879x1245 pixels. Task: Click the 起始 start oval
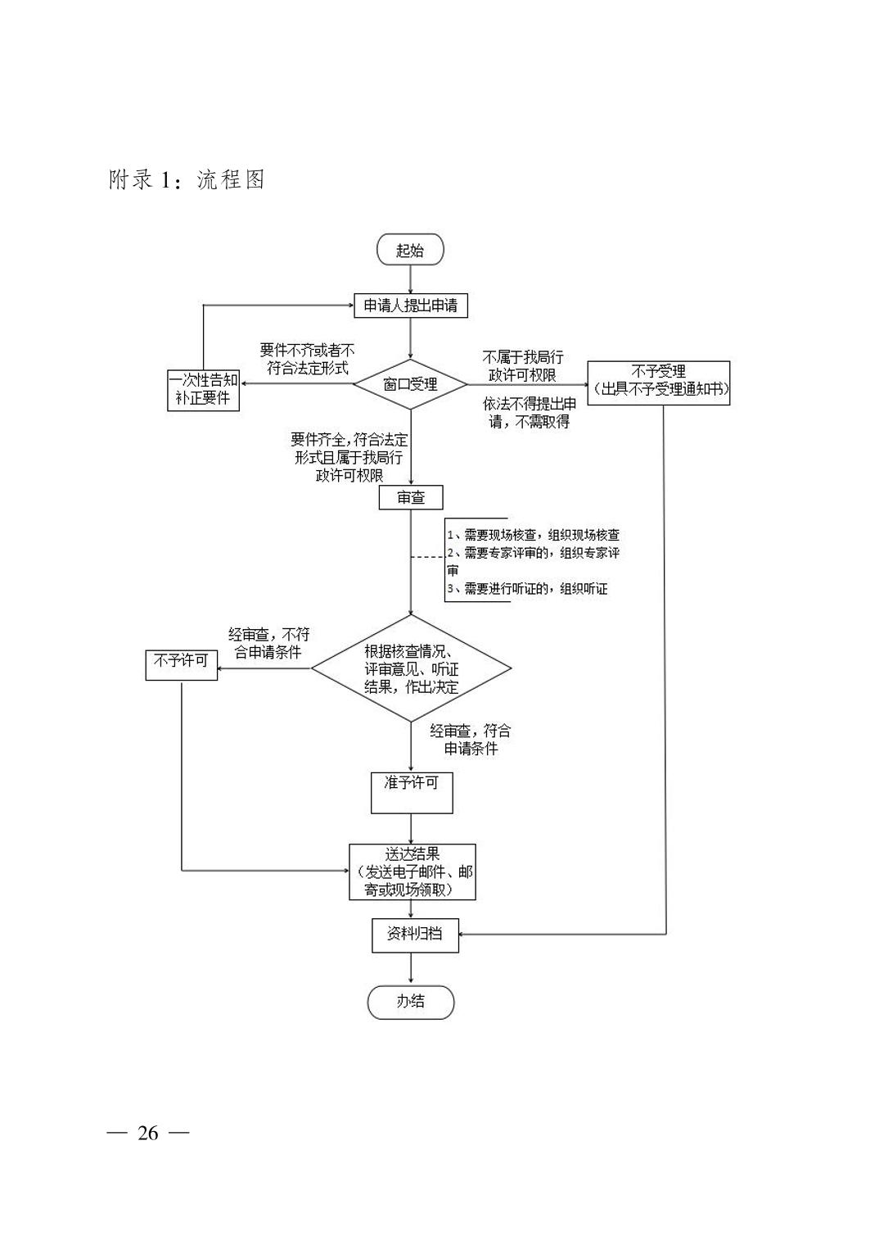pyautogui.click(x=410, y=249)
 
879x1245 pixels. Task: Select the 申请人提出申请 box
pyautogui.click(x=411, y=306)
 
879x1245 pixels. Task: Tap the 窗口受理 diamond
pyautogui.click(x=410, y=384)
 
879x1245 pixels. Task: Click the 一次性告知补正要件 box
pyautogui.click(x=203, y=390)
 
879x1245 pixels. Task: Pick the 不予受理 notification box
pyautogui.click(x=659, y=383)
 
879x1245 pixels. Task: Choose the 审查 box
pyautogui.click(x=411, y=497)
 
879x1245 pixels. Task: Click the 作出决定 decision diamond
pyautogui.click(x=411, y=668)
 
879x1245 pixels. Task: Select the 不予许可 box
pyautogui.click(x=182, y=665)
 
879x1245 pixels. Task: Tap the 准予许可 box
pyautogui.click(x=412, y=793)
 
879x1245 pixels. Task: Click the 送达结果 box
pyautogui.click(x=412, y=872)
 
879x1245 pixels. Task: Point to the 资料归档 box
pyautogui.click(x=415, y=935)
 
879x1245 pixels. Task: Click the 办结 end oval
pyautogui.click(x=411, y=1003)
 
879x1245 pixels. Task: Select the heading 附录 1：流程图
pyautogui.click(x=187, y=179)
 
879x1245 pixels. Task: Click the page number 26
pyautogui.click(x=148, y=1133)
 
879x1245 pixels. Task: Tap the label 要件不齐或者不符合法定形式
pyautogui.click(x=307, y=359)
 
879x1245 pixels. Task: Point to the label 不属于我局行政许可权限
pyautogui.click(x=522, y=365)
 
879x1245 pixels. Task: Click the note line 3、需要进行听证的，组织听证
pyautogui.click(x=528, y=589)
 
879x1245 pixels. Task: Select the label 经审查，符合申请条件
pyautogui.click(x=471, y=739)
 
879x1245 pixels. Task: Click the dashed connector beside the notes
pyautogui.click(x=427, y=557)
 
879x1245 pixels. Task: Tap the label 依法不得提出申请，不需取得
pyautogui.click(x=530, y=413)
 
